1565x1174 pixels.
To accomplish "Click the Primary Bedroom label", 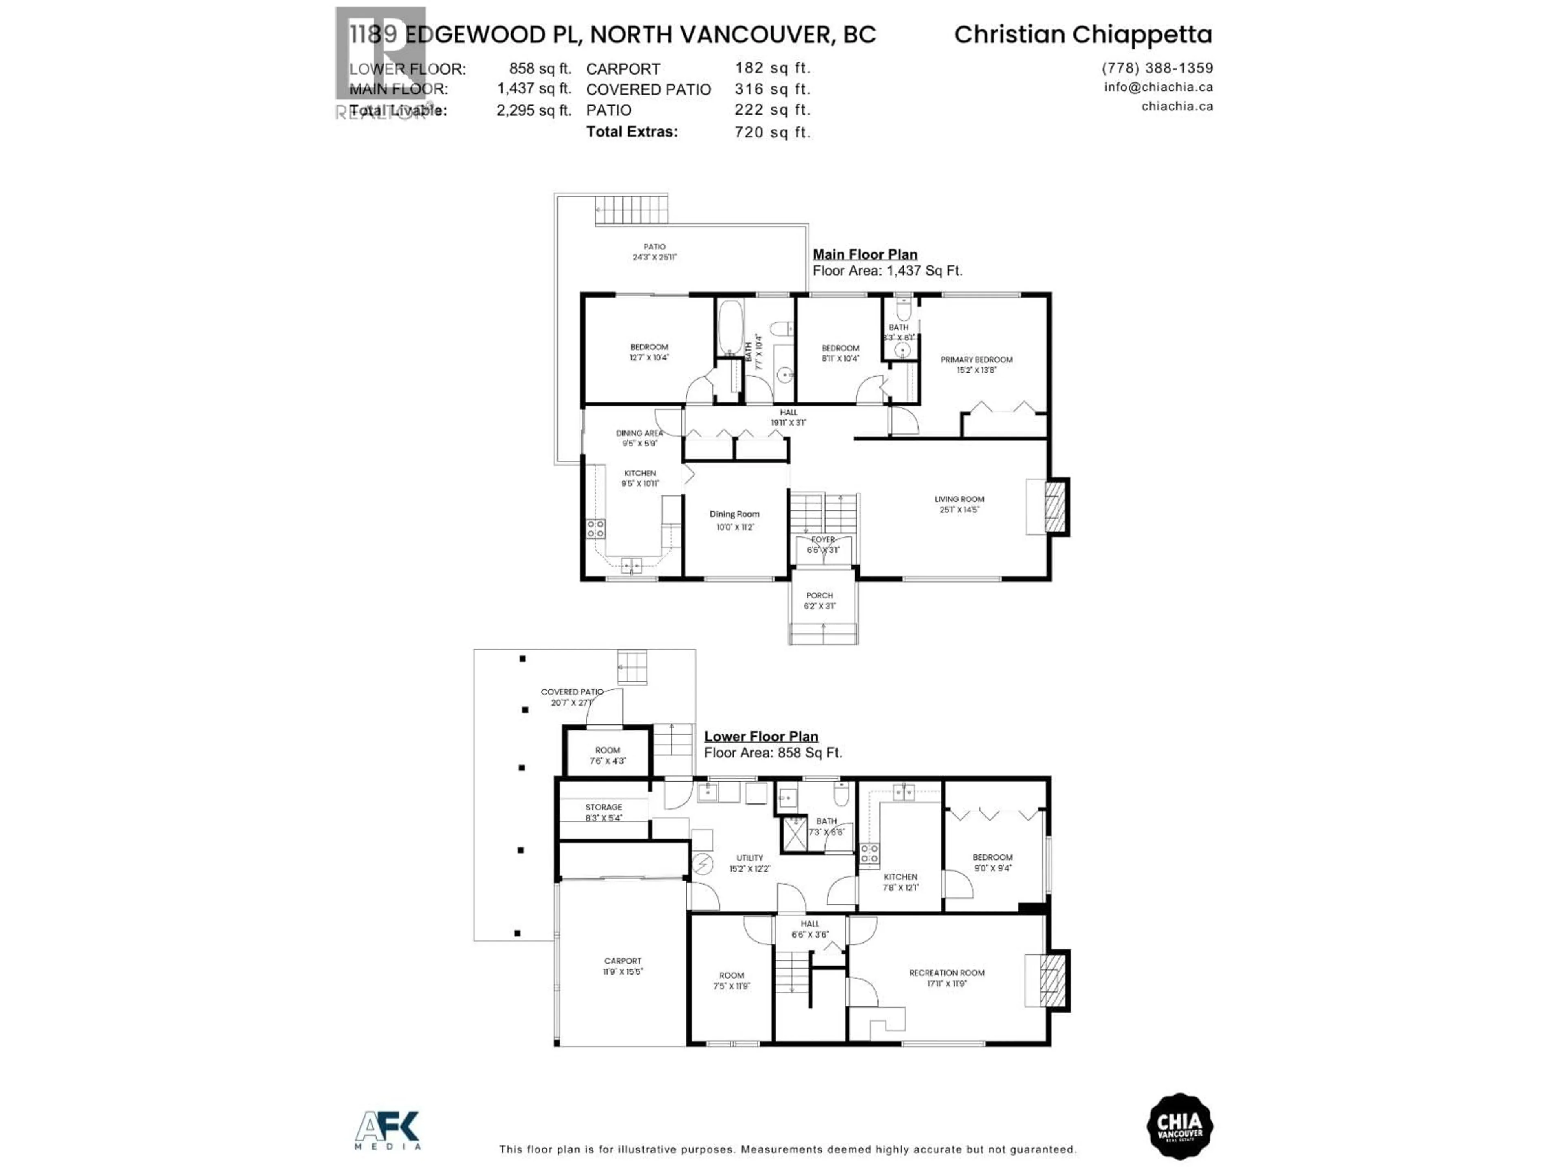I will point(976,360).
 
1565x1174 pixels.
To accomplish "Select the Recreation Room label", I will point(947,973).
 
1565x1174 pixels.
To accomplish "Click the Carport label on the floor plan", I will point(623,961).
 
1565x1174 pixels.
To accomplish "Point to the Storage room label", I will point(604,808).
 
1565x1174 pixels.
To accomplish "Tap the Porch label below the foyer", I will point(819,596).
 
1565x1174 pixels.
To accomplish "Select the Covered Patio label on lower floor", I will point(572,692).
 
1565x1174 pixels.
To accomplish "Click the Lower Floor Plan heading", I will point(760,737).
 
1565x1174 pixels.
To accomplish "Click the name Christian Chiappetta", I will point(1082,35).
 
